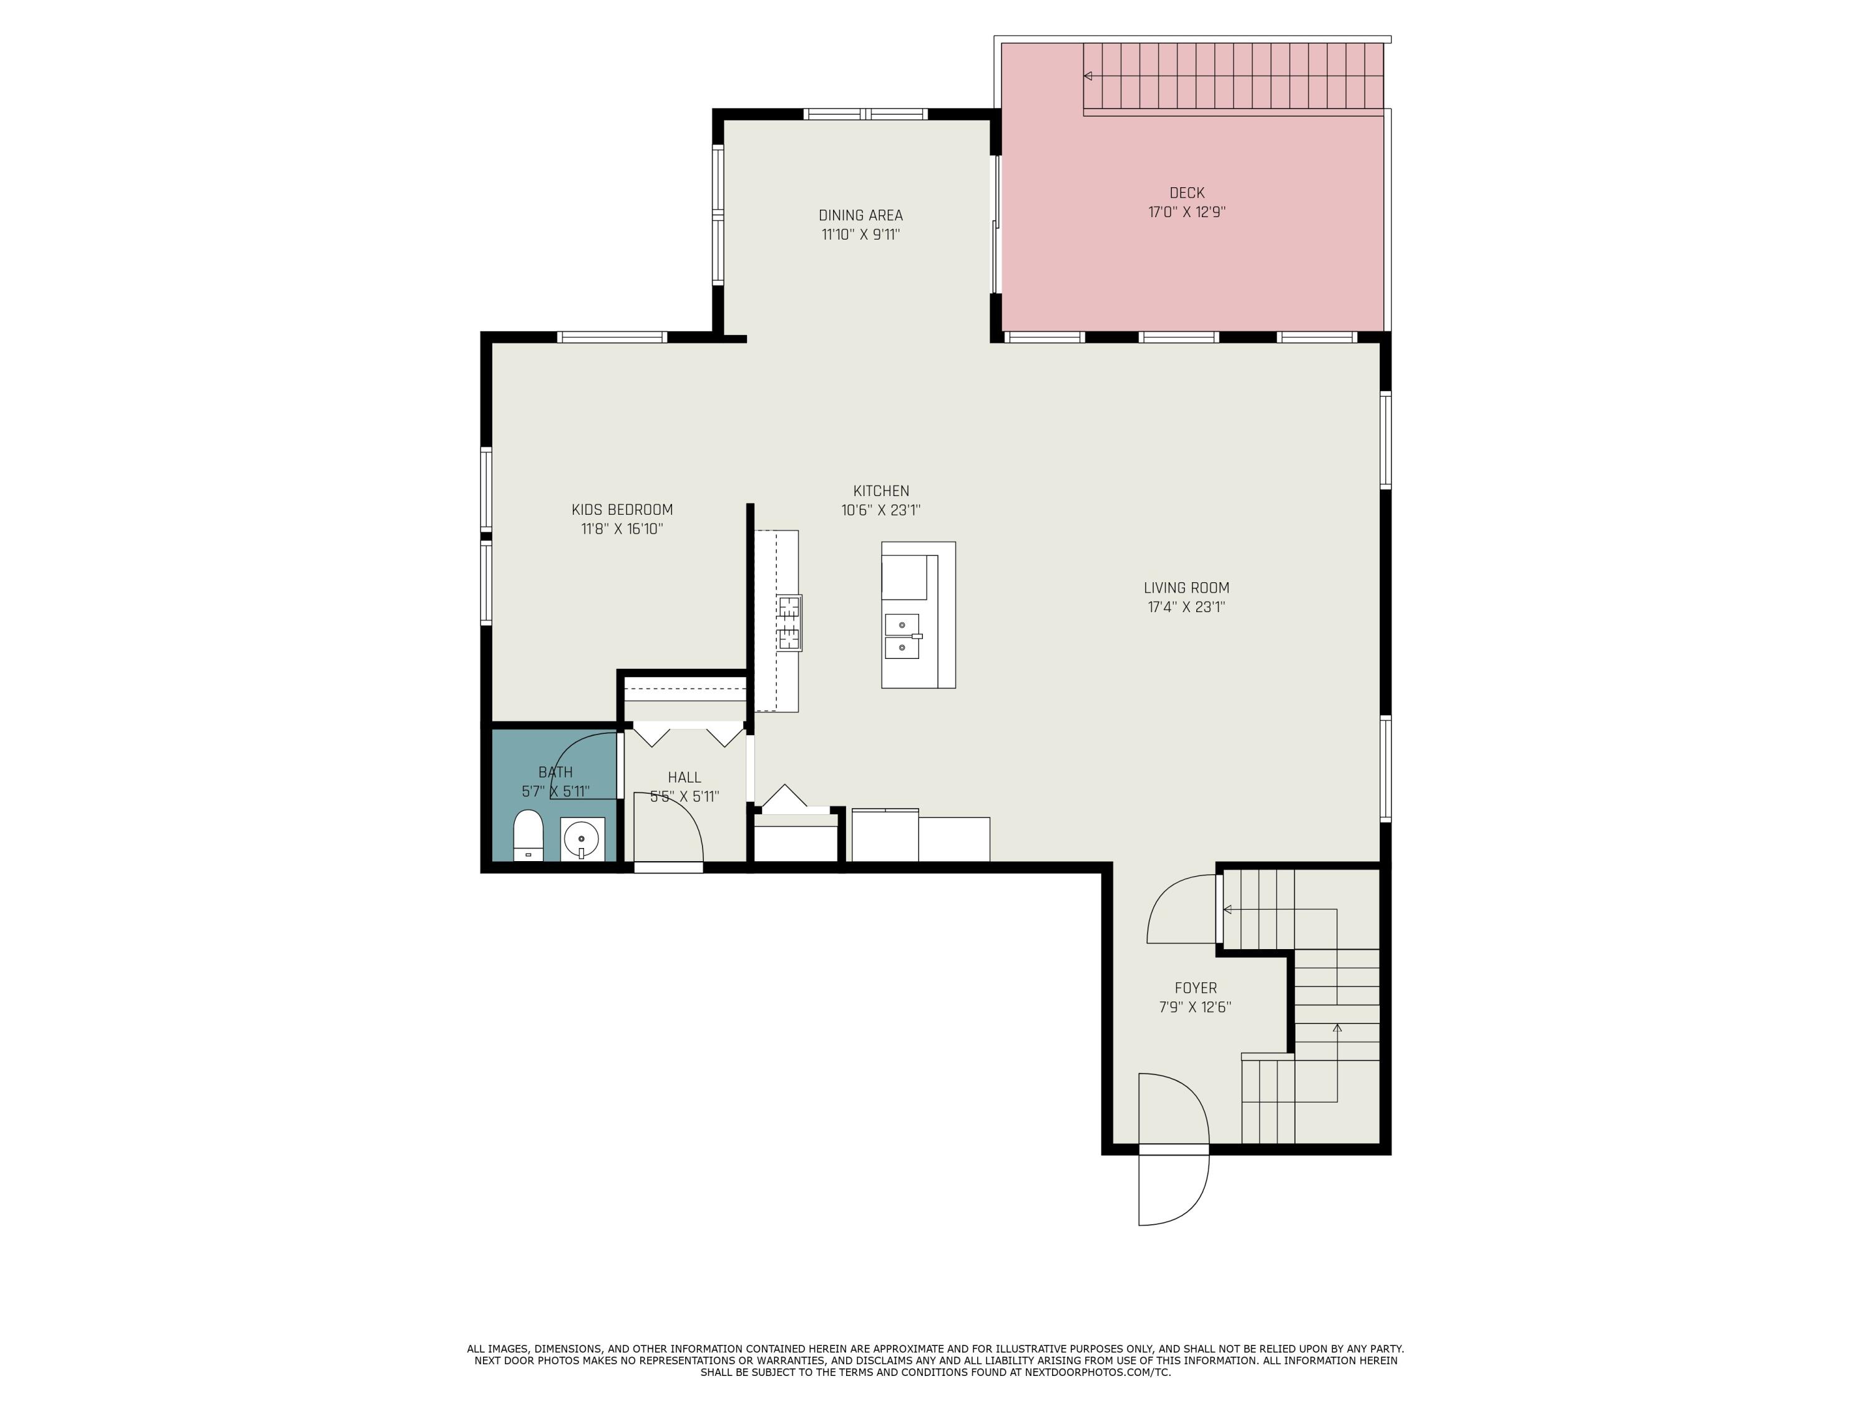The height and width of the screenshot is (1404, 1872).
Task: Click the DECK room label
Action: pos(1186,193)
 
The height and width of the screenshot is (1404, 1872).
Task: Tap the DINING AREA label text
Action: pos(860,216)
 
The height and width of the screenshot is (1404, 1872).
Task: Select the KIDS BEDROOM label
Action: pos(622,509)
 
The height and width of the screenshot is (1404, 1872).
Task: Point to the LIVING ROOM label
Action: pos(1186,587)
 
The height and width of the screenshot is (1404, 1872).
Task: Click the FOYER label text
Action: pos(1195,988)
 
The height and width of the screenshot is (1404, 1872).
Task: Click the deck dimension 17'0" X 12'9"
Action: pos(1186,212)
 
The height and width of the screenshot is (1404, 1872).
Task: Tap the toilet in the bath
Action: pos(528,836)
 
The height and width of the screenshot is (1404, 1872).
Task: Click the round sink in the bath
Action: pos(582,839)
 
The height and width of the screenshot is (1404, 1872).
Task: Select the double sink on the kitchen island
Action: pos(902,636)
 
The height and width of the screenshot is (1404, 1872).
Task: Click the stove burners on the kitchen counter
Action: pos(789,622)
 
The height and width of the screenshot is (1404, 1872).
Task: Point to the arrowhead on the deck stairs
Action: pos(1088,76)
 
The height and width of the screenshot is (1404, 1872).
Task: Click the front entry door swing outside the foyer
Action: pos(1173,1189)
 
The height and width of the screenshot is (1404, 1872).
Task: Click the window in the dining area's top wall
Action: pos(865,114)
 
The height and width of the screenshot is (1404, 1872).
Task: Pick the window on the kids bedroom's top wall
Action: pos(612,337)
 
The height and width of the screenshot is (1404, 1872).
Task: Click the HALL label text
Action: pos(684,777)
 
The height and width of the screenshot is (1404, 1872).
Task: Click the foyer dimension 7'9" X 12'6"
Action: pos(1195,1007)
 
